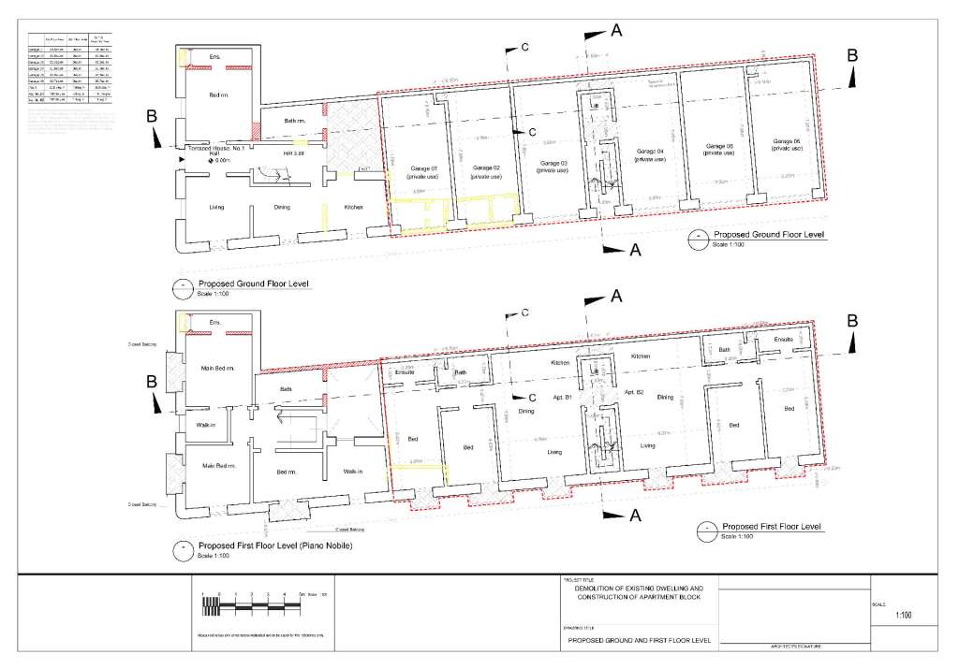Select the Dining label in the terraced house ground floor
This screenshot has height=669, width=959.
click(282, 208)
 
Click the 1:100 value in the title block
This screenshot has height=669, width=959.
click(904, 616)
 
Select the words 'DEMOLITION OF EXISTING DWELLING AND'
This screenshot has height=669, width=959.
click(640, 588)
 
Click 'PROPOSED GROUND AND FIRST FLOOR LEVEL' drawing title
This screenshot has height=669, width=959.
click(640, 641)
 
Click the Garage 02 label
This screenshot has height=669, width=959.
click(484, 171)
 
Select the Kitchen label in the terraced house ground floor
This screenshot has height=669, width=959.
click(353, 207)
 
